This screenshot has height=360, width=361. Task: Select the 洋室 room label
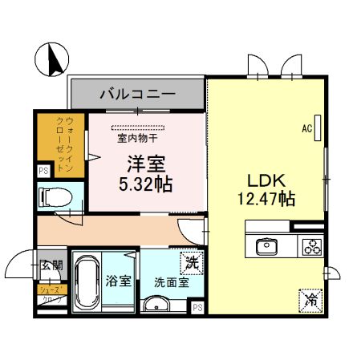145,164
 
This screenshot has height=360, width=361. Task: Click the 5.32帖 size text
145,184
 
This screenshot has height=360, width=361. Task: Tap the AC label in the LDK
306,127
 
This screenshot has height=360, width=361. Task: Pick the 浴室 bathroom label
119,281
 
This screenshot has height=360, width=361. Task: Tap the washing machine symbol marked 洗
192,261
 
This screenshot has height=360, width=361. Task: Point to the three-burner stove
310,247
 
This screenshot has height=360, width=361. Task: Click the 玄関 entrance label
51,266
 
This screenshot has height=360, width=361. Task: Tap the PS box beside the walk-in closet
43,170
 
